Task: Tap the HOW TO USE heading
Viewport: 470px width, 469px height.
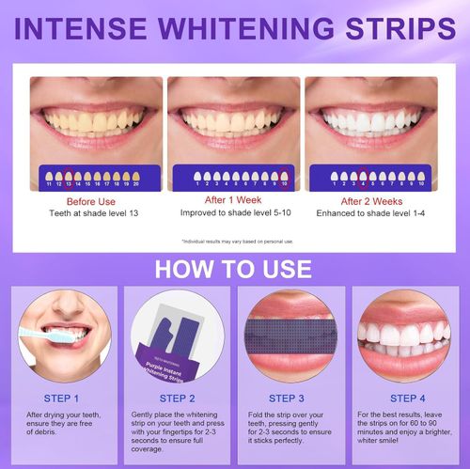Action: click(x=233, y=269)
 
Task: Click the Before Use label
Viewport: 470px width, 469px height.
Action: click(x=94, y=201)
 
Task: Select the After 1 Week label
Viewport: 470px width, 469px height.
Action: click(x=233, y=199)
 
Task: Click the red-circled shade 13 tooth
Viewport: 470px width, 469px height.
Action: click(x=68, y=177)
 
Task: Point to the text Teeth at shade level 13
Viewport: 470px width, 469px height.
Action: click(x=94, y=213)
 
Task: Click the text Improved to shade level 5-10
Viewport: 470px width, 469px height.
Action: click(x=233, y=212)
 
